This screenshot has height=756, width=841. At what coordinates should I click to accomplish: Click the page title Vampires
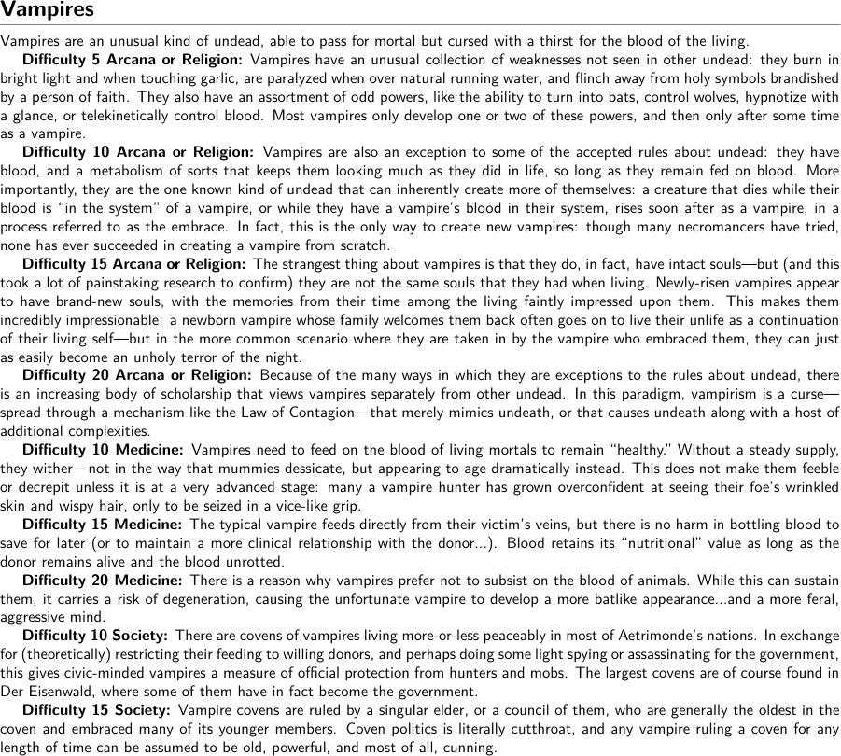48,11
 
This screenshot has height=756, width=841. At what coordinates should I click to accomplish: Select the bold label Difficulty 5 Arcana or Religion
132,60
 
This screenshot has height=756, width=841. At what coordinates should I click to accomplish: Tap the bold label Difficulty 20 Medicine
102,581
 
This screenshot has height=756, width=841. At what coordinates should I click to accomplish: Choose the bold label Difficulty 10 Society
95,636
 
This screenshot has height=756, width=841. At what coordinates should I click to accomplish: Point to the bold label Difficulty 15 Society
95,710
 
